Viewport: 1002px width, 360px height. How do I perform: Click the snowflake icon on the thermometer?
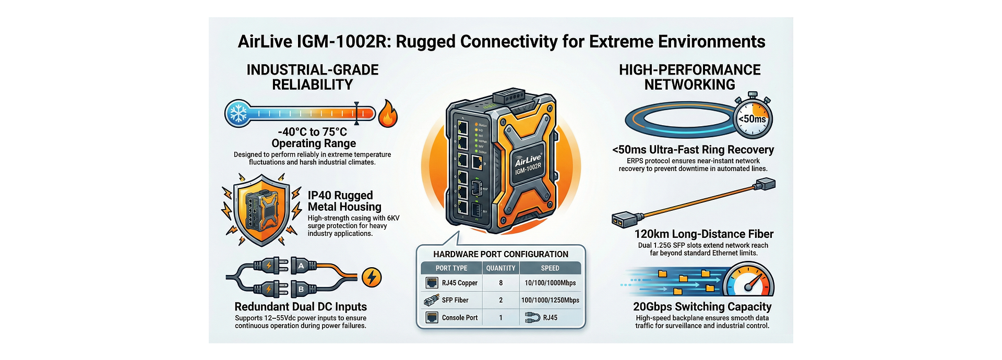click(239, 113)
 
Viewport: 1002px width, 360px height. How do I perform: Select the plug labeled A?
click(301, 266)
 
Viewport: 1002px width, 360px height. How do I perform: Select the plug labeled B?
click(301, 289)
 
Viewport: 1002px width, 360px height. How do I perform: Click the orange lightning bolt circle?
click(372, 277)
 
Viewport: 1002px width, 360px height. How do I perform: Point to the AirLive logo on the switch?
click(528, 159)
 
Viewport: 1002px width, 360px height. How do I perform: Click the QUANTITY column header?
click(500, 268)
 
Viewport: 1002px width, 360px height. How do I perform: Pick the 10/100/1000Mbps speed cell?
click(550, 283)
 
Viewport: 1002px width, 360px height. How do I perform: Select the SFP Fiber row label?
click(455, 300)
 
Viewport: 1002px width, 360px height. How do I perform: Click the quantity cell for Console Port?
click(500, 317)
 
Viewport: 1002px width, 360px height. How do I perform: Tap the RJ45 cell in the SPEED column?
click(550, 317)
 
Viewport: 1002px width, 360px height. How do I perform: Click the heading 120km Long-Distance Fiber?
click(703, 234)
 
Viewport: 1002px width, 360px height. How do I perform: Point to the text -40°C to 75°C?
click(312, 132)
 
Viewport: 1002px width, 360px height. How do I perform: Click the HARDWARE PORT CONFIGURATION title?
click(500, 254)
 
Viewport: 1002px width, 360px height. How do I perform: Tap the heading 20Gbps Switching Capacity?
click(702, 307)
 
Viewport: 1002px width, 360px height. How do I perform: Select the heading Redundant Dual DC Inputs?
click(301, 307)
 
